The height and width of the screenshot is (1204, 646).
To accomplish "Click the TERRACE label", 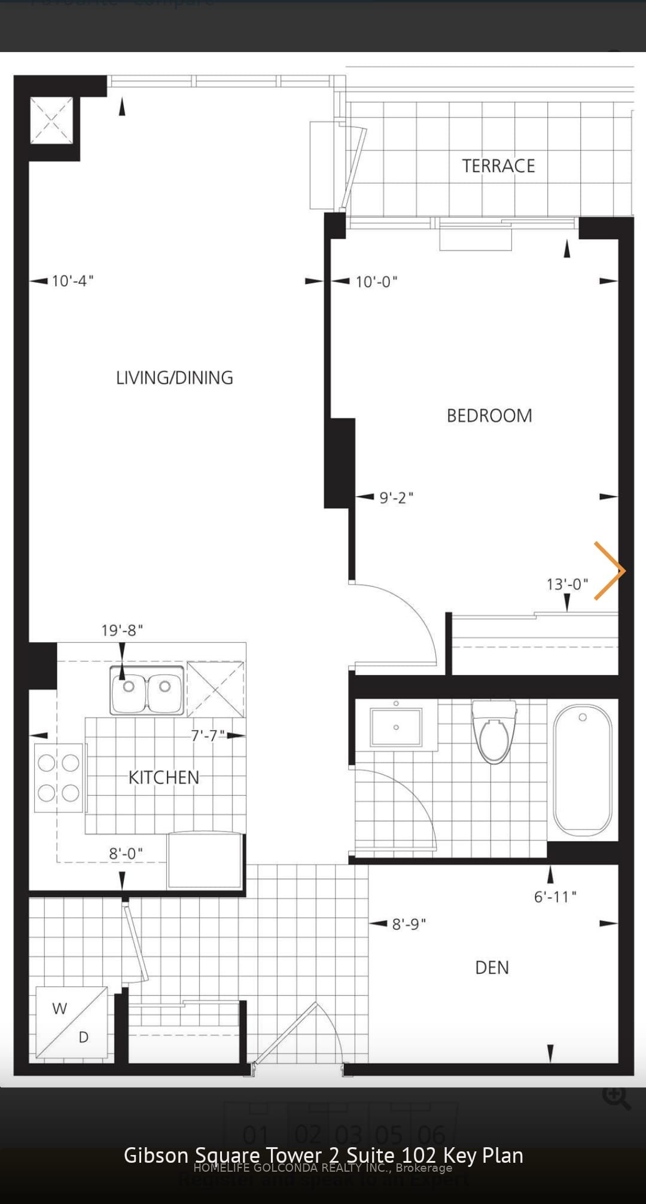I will pyautogui.click(x=498, y=166).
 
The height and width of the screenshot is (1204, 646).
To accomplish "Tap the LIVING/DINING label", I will pyautogui.click(x=175, y=378).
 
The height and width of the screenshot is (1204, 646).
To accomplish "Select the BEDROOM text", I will pyautogui.click(x=489, y=415).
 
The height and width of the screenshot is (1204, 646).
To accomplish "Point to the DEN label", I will pyautogui.click(x=492, y=967).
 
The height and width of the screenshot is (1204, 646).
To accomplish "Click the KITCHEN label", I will pyautogui.click(x=164, y=777).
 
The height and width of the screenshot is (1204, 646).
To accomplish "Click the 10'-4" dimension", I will pyautogui.click(x=72, y=281).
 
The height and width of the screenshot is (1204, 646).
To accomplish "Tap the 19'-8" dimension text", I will pyautogui.click(x=122, y=630).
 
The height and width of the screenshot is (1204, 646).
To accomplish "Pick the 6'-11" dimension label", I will pyautogui.click(x=555, y=896).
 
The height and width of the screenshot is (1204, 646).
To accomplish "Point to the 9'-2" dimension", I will pyautogui.click(x=396, y=497).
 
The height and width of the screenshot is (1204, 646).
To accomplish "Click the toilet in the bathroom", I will pyautogui.click(x=494, y=732).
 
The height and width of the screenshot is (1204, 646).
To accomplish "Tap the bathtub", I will pyautogui.click(x=583, y=770).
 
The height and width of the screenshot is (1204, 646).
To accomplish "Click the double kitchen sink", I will pyautogui.click(x=147, y=690).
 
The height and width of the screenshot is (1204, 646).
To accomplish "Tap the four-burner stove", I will pyautogui.click(x=59, y=778).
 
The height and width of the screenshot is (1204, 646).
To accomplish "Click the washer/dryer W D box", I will pyautogui.click(x=72, y=1022).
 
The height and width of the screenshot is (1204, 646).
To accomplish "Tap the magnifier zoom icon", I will pyautogui.click(x=616, y=1097).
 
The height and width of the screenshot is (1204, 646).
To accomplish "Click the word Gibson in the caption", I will pyautogui.click(x=156, y=1155).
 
